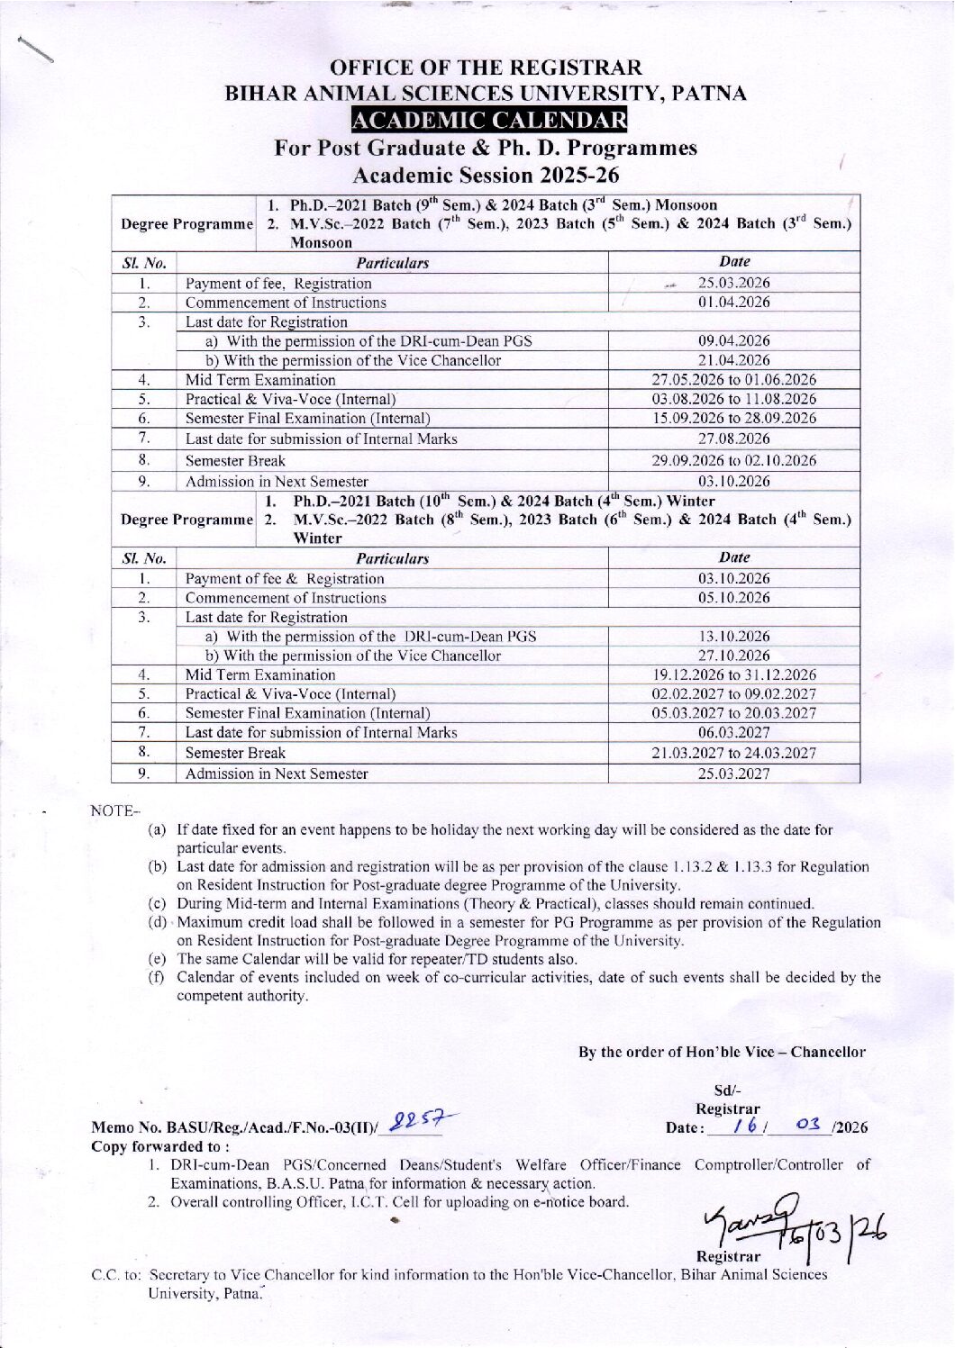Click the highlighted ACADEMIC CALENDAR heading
click(489, 120)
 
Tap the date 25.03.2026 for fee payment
click(734, 283)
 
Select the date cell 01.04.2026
click(734, 303)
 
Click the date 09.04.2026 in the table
click(734, 340)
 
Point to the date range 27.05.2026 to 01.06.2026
click(734, 379)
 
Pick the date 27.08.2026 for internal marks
click(734, 439)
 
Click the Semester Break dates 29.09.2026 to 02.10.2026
click(734, 460)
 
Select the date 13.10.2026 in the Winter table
click(734, 636)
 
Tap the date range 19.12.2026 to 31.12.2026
click(734, 674)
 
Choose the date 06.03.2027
click(734, 732)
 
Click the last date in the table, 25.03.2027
click(734, 774)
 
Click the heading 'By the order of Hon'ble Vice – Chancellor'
click(722, 1052)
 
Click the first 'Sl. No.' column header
click(144, 263)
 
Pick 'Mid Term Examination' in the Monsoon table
click(260, 380)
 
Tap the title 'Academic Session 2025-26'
click(487, 175)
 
